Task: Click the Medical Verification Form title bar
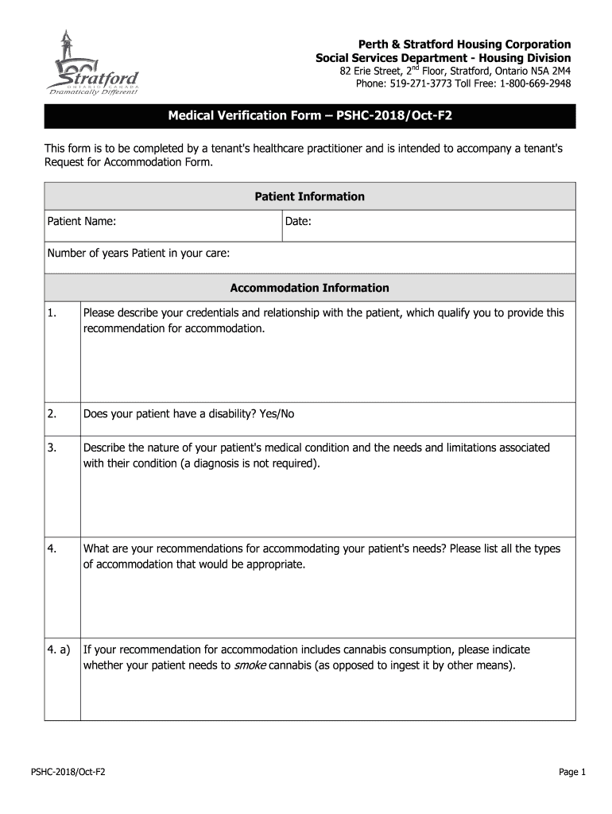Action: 309,116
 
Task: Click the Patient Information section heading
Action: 309,196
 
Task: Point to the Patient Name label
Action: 82,222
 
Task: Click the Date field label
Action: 298,222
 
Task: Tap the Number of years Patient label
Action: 138,254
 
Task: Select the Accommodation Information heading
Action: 309,288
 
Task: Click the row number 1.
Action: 52,313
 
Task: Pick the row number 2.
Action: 52,414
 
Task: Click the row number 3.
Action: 52,448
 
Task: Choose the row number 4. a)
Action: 58,649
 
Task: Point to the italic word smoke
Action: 250,665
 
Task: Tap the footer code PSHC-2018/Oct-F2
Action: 68,772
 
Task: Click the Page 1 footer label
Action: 571,772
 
